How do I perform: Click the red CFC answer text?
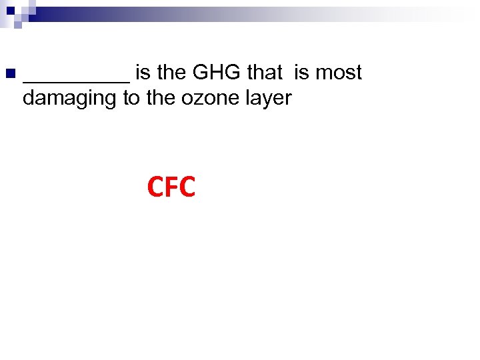(171, 188)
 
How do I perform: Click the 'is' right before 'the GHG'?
(143, 72)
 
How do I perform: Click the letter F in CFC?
(171, 188)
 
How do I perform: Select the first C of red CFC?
(155, 188)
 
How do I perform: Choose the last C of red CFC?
(187, 188)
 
